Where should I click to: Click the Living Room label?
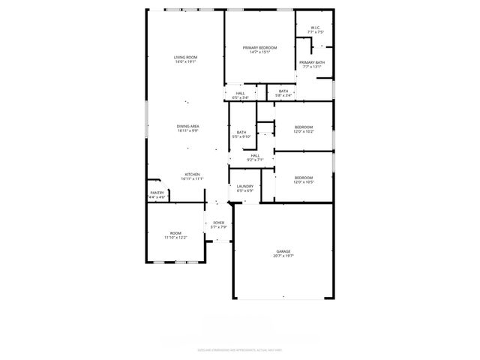tap(185, 57)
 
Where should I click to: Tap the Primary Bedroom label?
tap(259, 48)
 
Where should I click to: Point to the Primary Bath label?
tap(311, 62)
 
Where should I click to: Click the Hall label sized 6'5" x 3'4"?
tap(240, 93)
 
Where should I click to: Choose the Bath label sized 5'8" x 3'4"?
tap(283, 91)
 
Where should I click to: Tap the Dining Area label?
tap(187, 126)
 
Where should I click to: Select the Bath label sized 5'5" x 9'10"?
tap(241, 133)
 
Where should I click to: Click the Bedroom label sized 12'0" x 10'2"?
tap(303, 127)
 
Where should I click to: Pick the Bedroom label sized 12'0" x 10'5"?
tap(303, 177)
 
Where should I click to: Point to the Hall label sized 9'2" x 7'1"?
tap(255, 156)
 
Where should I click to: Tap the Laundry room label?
tap(244, 186)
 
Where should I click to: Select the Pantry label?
tap(157, 193)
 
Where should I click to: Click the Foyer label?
tap(218, 223)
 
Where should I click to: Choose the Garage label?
tap(283, 251)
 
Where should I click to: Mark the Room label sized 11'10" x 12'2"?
tap(175, 233)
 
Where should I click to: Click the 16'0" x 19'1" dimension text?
tap(185, 61)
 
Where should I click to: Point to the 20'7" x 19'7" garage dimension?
tap(283, 256)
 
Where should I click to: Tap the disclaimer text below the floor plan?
tap(238, 349)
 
